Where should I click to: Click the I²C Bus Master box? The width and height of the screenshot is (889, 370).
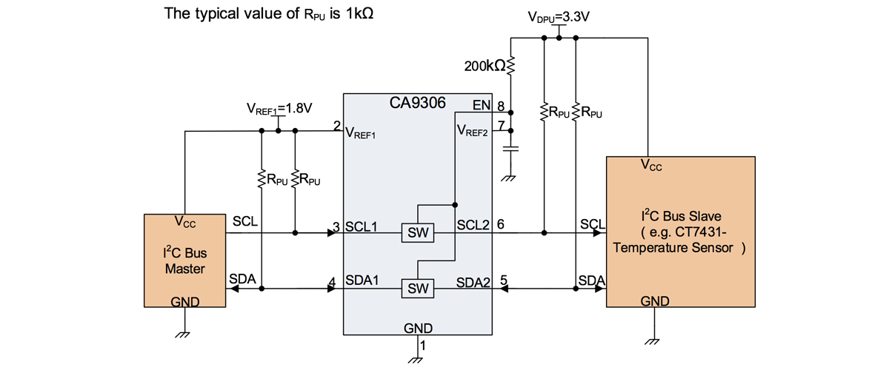(185, 260)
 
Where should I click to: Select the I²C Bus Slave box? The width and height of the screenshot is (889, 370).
(681, 232)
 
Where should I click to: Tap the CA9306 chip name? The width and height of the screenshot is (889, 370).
(418, 103)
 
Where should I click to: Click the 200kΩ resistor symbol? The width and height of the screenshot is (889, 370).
(510, 65)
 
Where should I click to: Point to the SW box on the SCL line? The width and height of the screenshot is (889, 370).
(418, 233)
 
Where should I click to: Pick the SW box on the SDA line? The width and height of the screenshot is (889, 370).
(418, 289)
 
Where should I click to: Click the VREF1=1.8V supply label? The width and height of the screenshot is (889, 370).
(279, 109)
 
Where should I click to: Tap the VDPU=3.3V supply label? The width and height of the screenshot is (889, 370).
(559, 17)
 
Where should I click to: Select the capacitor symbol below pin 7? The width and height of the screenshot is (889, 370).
(510, 149)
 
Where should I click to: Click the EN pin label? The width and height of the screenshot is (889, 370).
(482, 105)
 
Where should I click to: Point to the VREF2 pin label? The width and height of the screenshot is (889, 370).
(473, 130)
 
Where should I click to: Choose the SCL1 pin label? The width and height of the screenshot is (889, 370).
(362, 227)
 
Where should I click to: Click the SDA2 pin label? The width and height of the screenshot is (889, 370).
(473, 283)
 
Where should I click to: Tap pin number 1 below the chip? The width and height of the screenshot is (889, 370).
(423, 346)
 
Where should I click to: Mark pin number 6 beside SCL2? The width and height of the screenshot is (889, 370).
(501, 224)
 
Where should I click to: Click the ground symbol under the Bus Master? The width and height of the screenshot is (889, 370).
(182, 334)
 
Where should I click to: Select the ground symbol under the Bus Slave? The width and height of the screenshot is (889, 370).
(652, 341)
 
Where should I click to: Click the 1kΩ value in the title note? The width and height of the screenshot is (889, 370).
(359, 13)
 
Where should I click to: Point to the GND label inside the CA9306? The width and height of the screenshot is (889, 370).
(418, 329)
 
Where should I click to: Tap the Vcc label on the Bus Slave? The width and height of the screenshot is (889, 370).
(651, 165)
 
